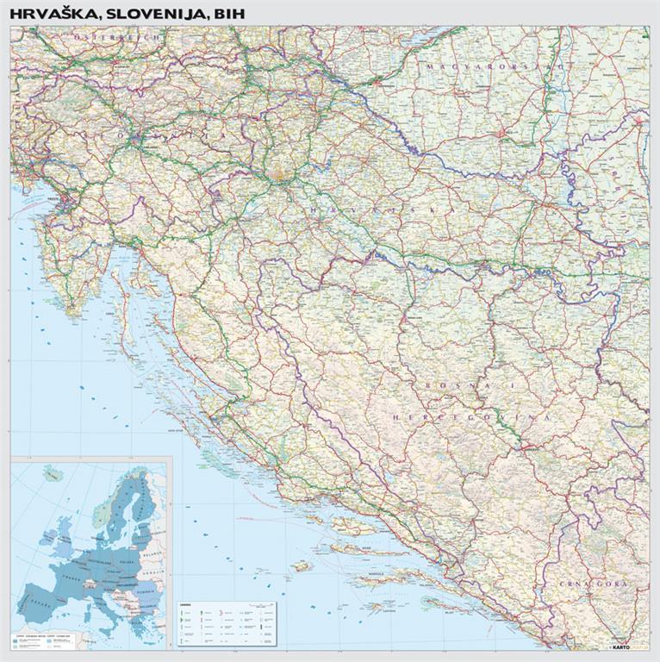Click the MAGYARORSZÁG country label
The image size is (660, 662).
tap(495, 65)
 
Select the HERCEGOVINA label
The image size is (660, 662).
tap(470, 416)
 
